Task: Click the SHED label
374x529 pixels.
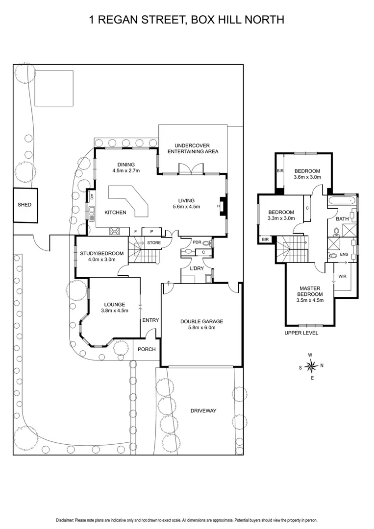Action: pos(25,205)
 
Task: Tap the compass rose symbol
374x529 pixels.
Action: pos(310,365)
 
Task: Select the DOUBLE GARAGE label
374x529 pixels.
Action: pos(201,322)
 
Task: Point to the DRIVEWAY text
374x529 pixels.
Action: pos(203,410)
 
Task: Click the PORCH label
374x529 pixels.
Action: pos(147,349)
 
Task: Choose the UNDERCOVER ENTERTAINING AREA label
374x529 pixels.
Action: pos(193,148)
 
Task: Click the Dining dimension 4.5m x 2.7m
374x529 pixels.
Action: pos(126,171)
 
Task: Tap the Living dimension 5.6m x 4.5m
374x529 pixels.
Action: pos(186,207)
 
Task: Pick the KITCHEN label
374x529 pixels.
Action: pos(116,213)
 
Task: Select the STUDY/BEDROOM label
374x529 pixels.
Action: pos(102,253)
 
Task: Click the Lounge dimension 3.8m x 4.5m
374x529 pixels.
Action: pos(114,310)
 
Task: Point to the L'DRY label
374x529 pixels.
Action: pos(196,268)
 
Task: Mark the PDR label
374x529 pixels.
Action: pos(197,242)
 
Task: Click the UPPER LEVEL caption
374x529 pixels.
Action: pos(301,333)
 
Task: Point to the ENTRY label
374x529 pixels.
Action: pos(150,320)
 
